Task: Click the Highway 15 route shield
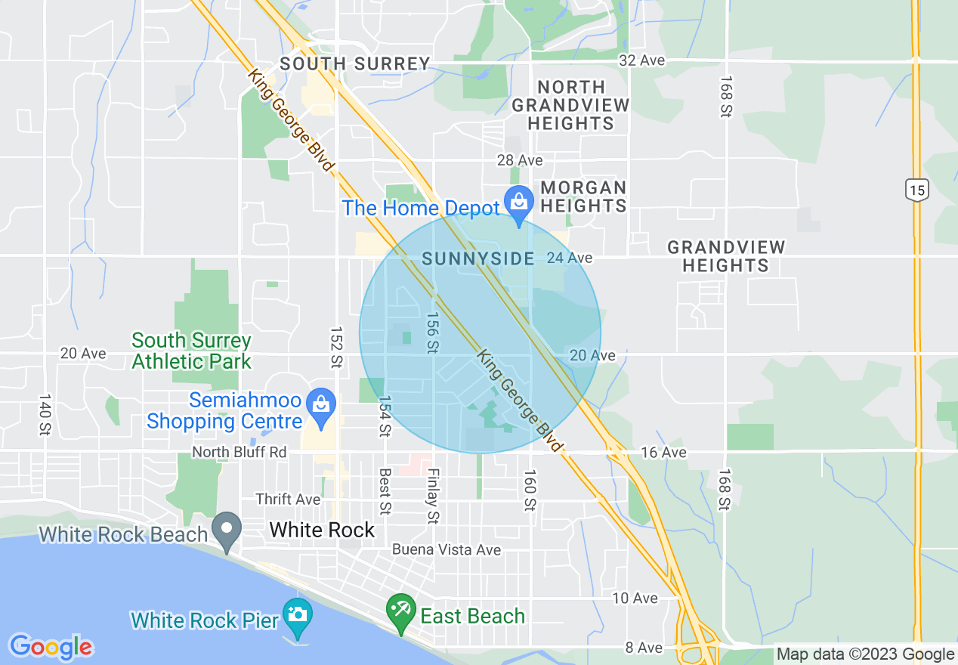[917, 189]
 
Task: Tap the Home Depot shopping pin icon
[519, 203]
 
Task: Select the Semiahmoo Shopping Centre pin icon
[322, 404]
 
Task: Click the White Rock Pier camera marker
[298, 612]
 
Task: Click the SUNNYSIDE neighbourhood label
[477, 258]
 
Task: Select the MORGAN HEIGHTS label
[583, 196]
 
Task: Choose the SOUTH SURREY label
[355, 64]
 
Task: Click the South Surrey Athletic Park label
[191, 351]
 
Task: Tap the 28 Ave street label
[520, 160]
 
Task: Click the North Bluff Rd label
[239, 452]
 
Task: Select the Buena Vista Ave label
[447, 549]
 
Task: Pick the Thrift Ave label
[288, 500]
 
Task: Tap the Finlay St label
[433, 496]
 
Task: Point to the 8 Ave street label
[644, 648]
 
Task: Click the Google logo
[51, 647]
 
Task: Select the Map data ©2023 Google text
[866, 654]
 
